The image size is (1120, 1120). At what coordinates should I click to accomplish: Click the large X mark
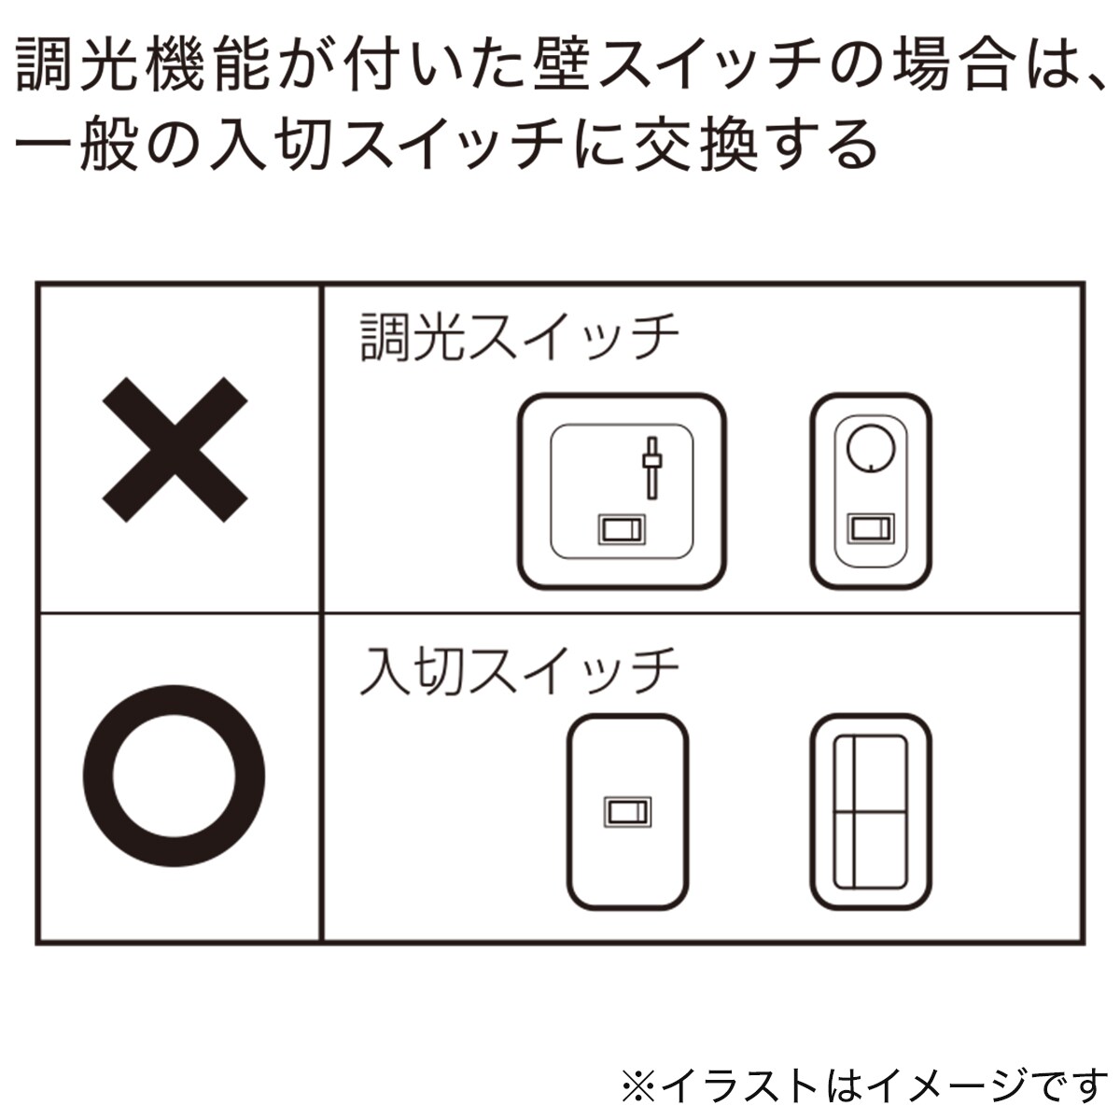[175, 450]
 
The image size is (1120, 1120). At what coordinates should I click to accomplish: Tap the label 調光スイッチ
[519, 336]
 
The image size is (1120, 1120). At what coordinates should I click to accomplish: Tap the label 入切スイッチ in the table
[519, 671]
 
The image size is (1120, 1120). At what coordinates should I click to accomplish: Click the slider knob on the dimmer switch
[652, 460]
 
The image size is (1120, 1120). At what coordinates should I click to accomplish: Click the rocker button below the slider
[622, 529]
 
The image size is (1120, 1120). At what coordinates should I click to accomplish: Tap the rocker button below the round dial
[871, 529]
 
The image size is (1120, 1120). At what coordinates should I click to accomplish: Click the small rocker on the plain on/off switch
[628, 811]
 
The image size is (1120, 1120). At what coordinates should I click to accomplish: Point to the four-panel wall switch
[871, 811]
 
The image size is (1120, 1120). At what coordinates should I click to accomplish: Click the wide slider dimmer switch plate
[622, 491]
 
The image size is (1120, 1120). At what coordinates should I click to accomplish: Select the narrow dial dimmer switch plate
[871, 491]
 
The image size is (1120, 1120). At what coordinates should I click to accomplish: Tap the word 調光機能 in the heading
[144, 65]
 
